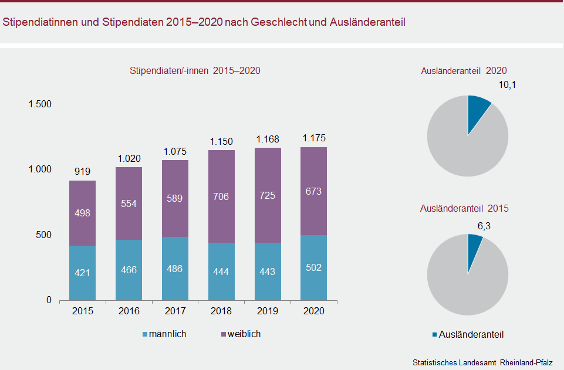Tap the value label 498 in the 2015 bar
point(82,213)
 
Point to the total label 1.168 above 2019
point(268,140)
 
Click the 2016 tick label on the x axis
point(129,311)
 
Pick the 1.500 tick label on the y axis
point(40,104)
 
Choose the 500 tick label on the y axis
point(43,235)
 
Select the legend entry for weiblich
point(240,334)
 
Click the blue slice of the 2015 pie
point(474,246)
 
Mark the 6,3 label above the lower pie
point(485,226)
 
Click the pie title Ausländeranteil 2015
point(464,208)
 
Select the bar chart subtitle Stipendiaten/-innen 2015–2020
point(195,70)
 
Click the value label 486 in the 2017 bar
point(175,269)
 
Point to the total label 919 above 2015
point(82,172)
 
